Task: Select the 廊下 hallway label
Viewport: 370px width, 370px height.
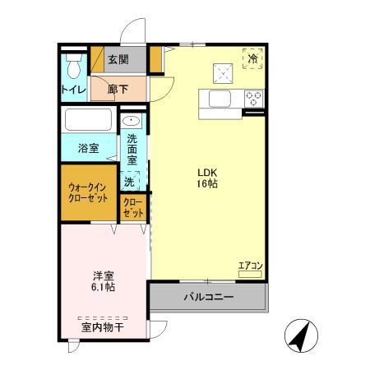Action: click(x=118, y=90)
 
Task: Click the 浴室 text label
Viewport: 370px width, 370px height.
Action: click(x=88, y=149)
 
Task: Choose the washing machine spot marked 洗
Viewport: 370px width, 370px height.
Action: click(x=129, y=181)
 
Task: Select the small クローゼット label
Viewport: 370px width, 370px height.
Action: click(x=133, y=207)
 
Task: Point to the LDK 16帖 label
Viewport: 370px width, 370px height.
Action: click(x=206, y=178)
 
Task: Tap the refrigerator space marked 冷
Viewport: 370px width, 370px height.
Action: click(x=253, y=58)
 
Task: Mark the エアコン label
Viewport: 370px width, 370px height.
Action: click(x=249, y=265)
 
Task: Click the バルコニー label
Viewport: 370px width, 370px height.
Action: click(x=207, y=296)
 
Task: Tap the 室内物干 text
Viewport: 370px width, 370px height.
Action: click(x=103, y=328)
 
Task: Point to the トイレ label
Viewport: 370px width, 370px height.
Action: click(x=72, y=89)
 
